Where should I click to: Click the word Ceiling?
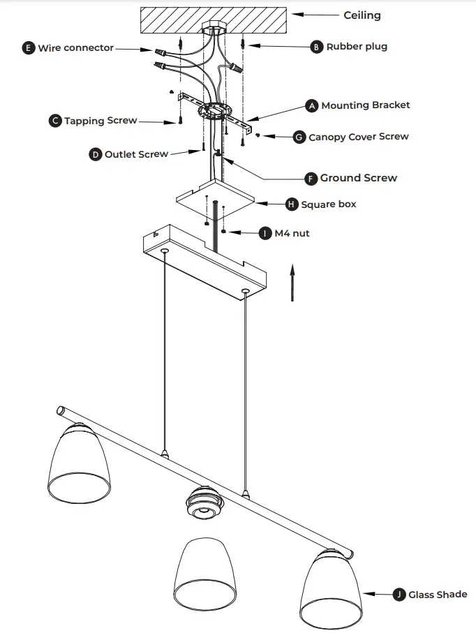point(362,15)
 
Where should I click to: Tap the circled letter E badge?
point(29,48)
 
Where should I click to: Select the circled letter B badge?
point(317,47)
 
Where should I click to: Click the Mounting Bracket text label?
point(365,105)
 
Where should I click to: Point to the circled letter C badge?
point(55,121)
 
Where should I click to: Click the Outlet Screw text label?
point(136,154)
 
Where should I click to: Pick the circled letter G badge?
point(299,137)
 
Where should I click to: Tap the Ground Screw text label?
point(358,178)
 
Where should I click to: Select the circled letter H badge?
point(292,204)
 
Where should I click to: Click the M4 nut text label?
point(292,233)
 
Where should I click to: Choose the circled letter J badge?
point(399,595)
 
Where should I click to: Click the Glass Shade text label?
point(438,595)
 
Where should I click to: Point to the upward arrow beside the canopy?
point(292,282)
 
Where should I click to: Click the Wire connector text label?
point(75,48)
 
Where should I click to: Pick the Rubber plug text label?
point(357,47)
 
